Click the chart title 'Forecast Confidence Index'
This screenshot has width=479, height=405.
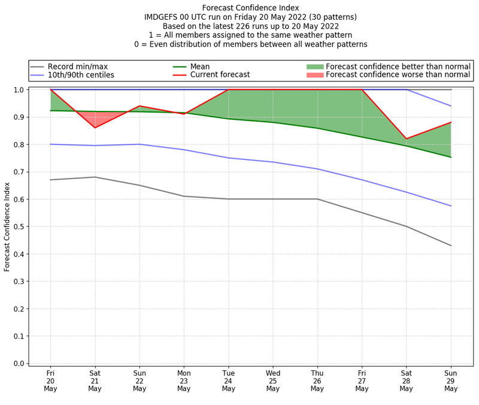click(x=250, y=7)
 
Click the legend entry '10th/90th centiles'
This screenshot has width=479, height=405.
click(x=81, y=75)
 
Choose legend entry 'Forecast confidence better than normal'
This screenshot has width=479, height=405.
click(x=398, y=67)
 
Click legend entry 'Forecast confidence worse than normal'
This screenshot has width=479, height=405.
click(x=398, y=75)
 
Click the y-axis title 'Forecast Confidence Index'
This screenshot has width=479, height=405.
click(x=8, y=227)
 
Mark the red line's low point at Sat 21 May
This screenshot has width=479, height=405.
click(x=95, y=128)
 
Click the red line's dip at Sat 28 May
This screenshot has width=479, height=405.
click(x=407, y=139)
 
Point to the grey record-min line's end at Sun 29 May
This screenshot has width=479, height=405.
click(x=451, y=246)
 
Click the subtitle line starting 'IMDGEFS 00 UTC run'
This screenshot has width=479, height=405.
click(x=250, y=17)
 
